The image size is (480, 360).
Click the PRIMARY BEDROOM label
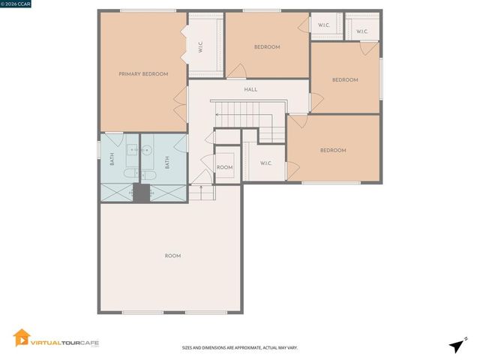point(143,74)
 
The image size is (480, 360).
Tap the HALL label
point(250,90)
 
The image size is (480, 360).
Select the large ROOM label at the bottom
point(172,256)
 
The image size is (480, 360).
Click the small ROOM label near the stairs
point(224,167)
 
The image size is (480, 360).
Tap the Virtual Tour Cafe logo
point(56,339)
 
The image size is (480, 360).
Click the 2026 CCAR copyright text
point(16,4)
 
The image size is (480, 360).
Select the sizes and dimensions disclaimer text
point(239,348)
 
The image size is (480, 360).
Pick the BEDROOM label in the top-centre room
point(266,47)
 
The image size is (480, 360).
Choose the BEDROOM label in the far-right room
point(345,80)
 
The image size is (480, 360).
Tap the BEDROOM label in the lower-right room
point(333,151)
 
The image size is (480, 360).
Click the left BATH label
point(112,160)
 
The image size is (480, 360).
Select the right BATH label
point(167,160)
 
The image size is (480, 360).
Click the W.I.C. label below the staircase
point(266,163)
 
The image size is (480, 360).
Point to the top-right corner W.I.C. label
point(361,31)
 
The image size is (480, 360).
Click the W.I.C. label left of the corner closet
point(324,25)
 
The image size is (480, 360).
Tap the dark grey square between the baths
point(141,193)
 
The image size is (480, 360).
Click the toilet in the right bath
point(148,175)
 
